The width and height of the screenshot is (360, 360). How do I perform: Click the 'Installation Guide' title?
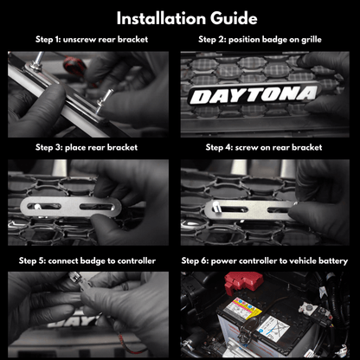pos(180,17)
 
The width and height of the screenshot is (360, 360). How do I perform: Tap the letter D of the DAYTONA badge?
pos(199,97)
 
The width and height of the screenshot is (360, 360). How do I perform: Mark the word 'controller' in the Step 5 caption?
pos(135,260)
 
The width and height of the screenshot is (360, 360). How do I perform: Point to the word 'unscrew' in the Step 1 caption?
pos(80,40)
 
